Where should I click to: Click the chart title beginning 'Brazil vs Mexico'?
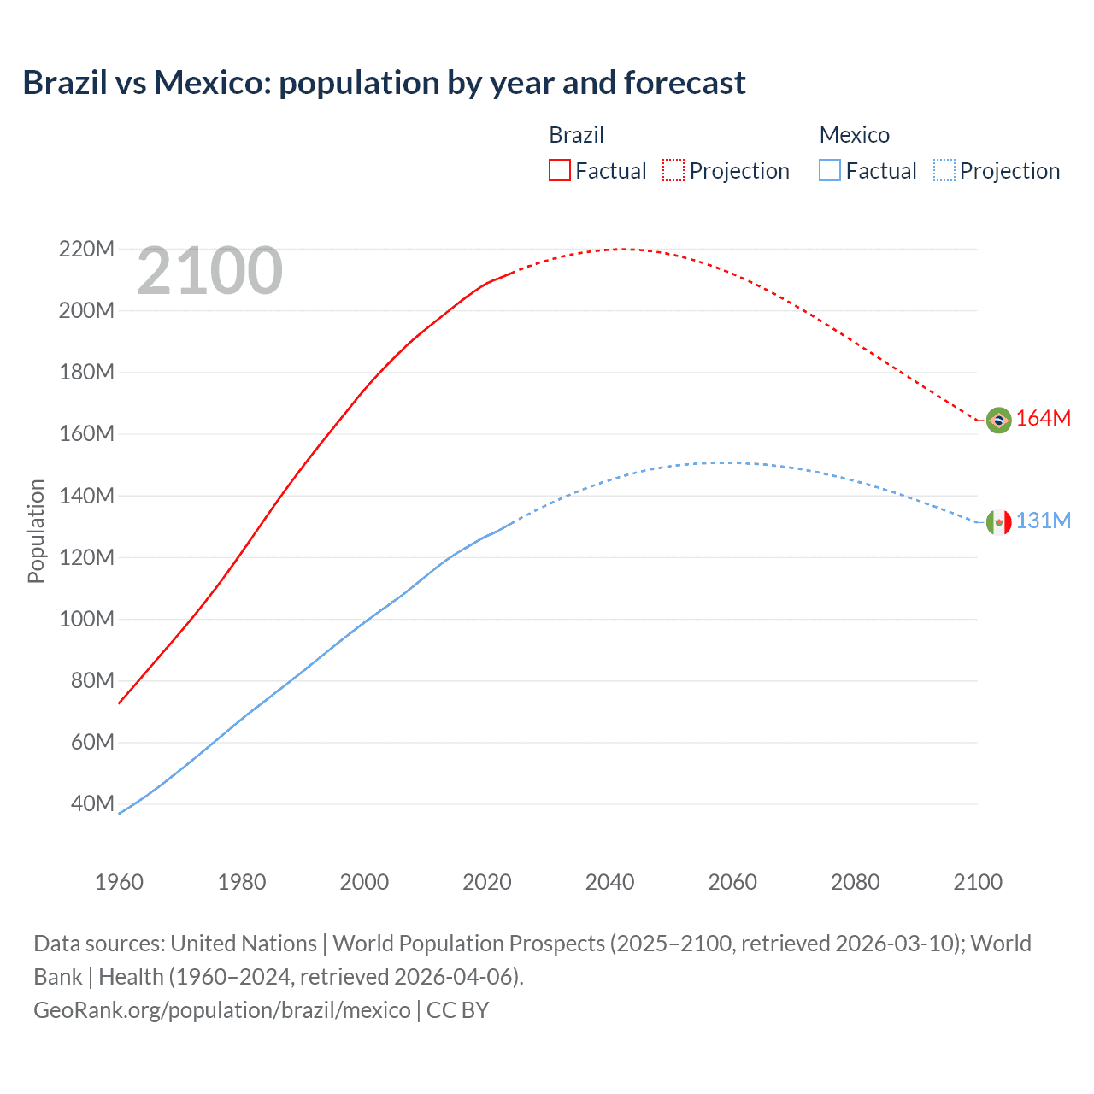click(384, 83)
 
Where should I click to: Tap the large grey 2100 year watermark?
click(209, 271)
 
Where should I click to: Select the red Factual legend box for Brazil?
click(559, 170)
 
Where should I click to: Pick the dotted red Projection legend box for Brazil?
click(673, 170)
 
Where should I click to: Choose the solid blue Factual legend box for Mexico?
click(830, 170)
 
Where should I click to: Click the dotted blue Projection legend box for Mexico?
click(944, 170)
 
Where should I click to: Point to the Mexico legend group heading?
click(854, 135)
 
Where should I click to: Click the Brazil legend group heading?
click(576, 135)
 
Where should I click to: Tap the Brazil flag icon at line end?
click(998, 420)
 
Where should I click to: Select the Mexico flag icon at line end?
click(998, 522)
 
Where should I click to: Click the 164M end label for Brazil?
click(1044, 419)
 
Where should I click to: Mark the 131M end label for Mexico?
click(1044, 521)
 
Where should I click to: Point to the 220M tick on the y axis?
click(86, 250)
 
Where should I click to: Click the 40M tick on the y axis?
click(92, 803)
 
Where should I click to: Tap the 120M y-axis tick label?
click(86, 557)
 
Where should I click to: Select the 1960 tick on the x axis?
click(119, 882)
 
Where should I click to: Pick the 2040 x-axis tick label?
click(609, 882)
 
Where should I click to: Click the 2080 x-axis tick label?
click(855, 882)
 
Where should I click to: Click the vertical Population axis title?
click(36, 531)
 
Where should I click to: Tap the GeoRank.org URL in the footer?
click(222, 1010)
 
